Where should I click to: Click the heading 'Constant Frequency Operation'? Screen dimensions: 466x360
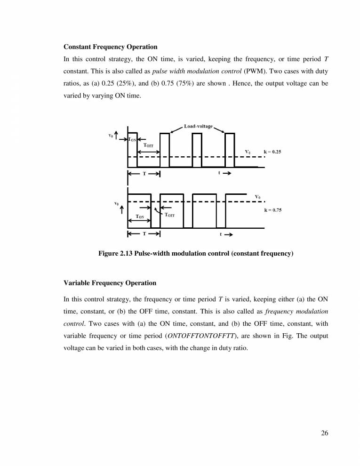tap(110, 47)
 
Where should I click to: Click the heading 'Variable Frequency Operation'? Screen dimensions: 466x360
tap(110, 283)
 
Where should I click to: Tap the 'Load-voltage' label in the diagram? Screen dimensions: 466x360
tap(198, 126)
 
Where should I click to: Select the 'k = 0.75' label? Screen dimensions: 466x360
tap(272, 210)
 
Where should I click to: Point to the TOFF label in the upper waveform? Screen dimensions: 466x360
tap(148, 145)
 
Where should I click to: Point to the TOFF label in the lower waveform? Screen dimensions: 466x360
tap(169, 215)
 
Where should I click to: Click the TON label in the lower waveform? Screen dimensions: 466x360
tap(140, 217)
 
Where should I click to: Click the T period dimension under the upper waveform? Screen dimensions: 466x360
tap(144, 174)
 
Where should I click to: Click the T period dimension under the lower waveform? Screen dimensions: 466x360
tap(144, 233)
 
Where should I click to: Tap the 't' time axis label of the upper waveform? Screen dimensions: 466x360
tap(219, 173)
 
